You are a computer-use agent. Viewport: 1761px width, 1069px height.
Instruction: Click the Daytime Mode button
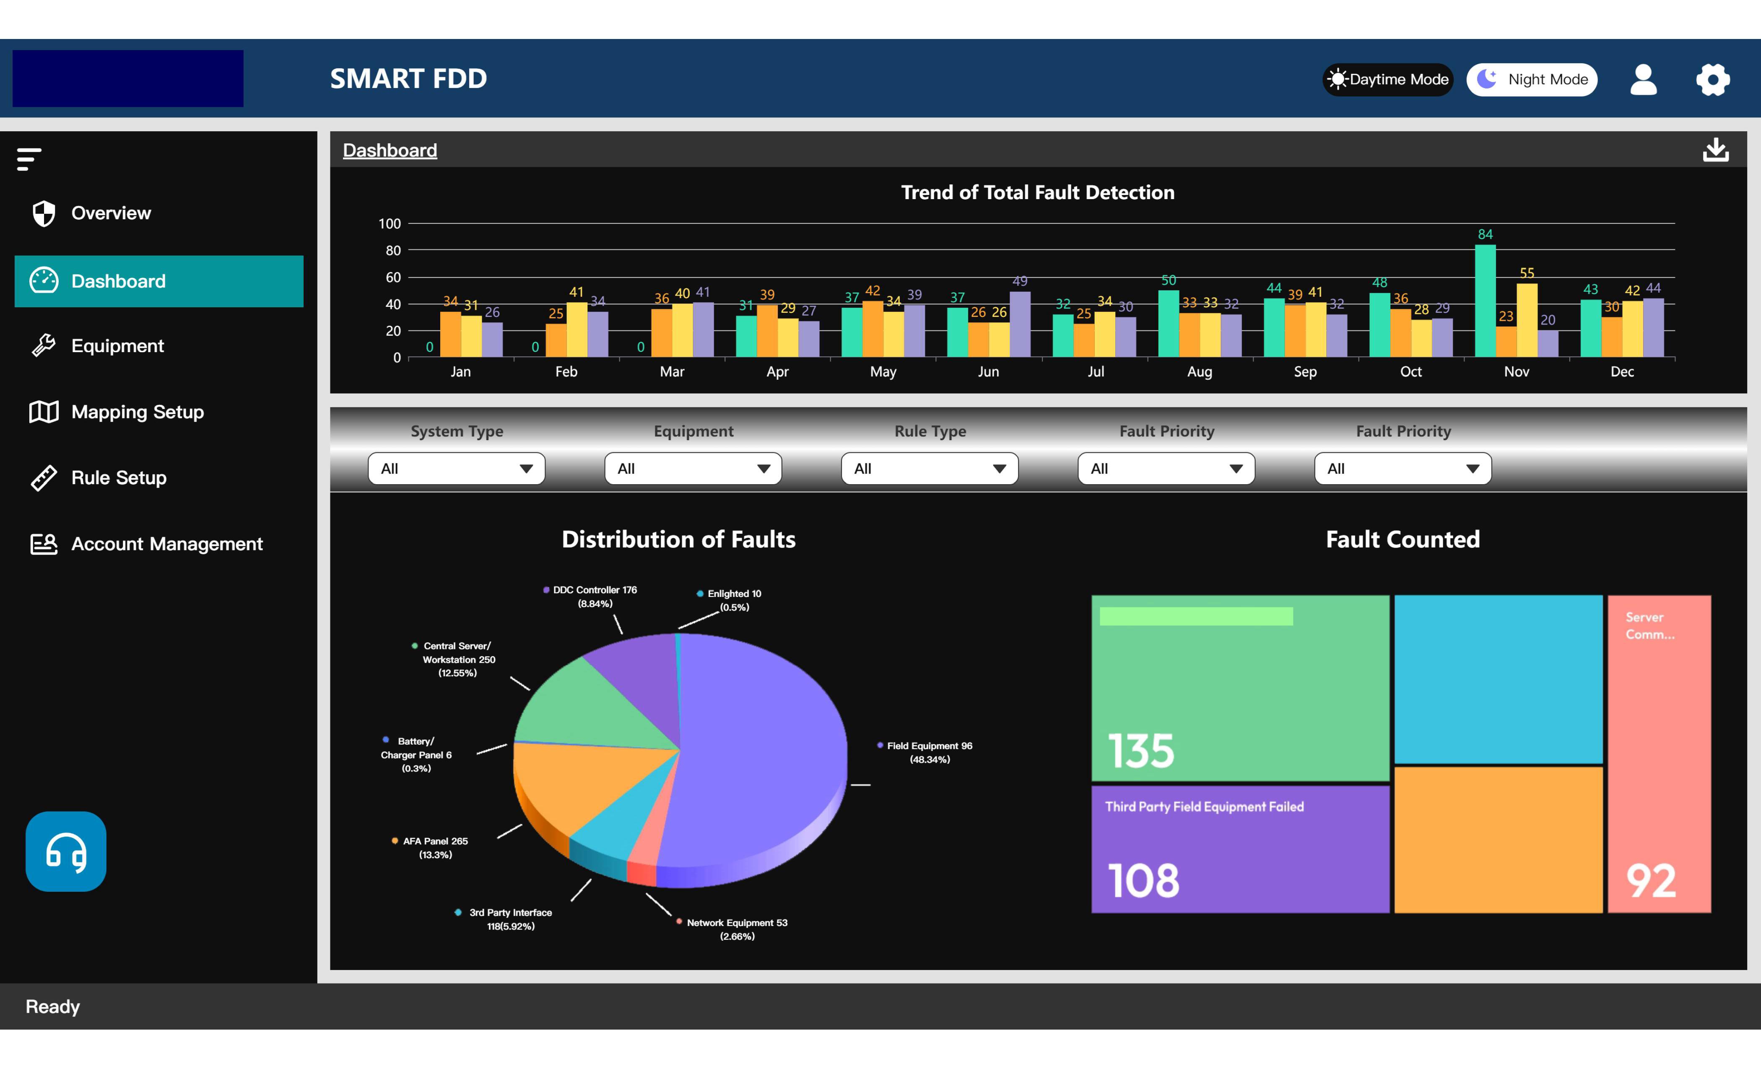1387,79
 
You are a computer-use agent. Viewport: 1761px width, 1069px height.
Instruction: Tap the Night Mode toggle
1532,79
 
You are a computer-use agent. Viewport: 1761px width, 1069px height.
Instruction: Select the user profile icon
1643,79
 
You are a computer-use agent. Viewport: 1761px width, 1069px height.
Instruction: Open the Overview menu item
111,213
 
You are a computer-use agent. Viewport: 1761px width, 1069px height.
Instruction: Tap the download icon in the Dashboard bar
1715,150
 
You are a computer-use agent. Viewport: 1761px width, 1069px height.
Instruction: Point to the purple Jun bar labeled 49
1020,323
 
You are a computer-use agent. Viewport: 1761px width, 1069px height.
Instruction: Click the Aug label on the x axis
1199,371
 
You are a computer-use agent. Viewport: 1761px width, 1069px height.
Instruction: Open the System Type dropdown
456,469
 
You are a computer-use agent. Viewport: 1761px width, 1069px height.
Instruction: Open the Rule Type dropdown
929,469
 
